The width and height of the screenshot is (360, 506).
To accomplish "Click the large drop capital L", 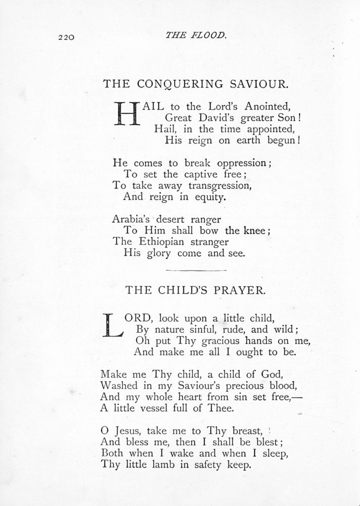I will coord(112,324).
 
